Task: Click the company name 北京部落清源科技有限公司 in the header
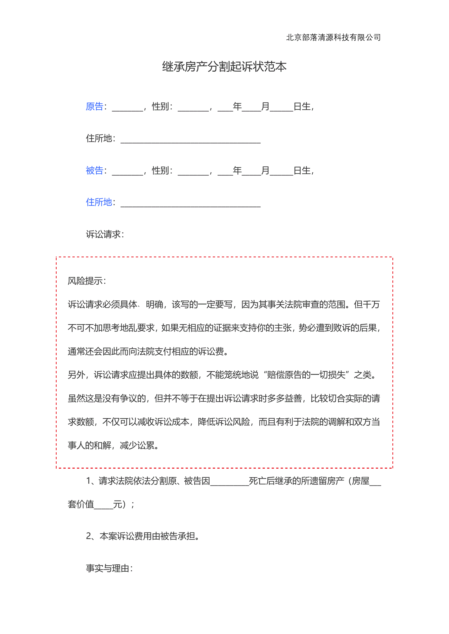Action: [x=333, y=37]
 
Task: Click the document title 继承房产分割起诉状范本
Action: [x=224, y=67]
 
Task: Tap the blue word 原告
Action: [x=94, y=106]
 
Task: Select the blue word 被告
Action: [x=94, y=170]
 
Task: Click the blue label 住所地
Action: [x=99, y=202]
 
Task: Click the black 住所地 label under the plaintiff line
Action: [x=99, y=138]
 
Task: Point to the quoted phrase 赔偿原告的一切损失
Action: [x=306, y=375]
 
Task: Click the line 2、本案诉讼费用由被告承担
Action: [x=142, y=536]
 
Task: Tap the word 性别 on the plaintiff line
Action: [x=161, y=106]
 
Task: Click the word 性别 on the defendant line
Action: [x=161, y=170]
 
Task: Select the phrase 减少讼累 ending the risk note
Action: [x=137, y=445]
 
